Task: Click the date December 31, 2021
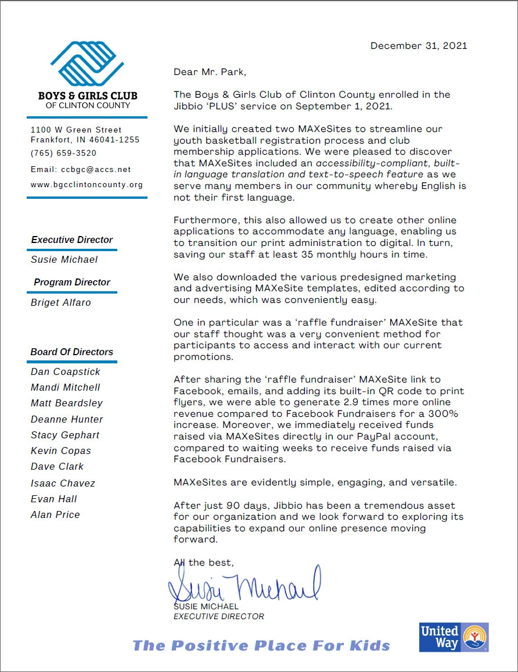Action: click(418, 46)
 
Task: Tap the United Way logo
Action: click(454, 637)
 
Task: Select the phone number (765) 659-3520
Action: click(63, 153)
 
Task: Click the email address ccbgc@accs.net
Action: click(96, 170)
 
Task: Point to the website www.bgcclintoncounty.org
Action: click(87, 185)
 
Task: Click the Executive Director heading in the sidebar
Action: click(72, 240)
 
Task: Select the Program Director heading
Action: click(72, 282)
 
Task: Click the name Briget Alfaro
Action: click(61, 302)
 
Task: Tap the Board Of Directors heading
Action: click(72, 352)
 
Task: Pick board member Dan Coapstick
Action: click(66, 371)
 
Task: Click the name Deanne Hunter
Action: click(67, 419)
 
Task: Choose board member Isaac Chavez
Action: click(63, 483)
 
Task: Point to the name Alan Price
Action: click(55, 514)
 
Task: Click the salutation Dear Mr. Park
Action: click(210, 72)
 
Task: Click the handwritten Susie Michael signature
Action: click(244, 584)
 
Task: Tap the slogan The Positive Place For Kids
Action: click(261, 645)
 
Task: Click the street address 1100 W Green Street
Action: click(76, 130)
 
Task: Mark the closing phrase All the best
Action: click(204, 562)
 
